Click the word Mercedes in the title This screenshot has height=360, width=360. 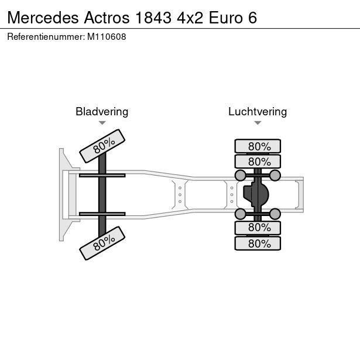[x=43, y=18]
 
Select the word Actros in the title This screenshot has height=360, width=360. [x=107, y=18]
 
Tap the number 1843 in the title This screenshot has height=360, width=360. [x=153, y=18]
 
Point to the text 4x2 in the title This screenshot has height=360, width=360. [x=190, y=18]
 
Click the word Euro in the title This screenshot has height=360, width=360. [x=225, y=18]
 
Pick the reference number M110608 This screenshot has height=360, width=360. [x=107, y=37]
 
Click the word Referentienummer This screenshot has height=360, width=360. [x=46, y=37]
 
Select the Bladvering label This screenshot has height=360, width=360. [x=102, y=112]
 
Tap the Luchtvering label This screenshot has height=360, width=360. [x=258, y=112]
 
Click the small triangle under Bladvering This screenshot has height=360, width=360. [x=102, y=123]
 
